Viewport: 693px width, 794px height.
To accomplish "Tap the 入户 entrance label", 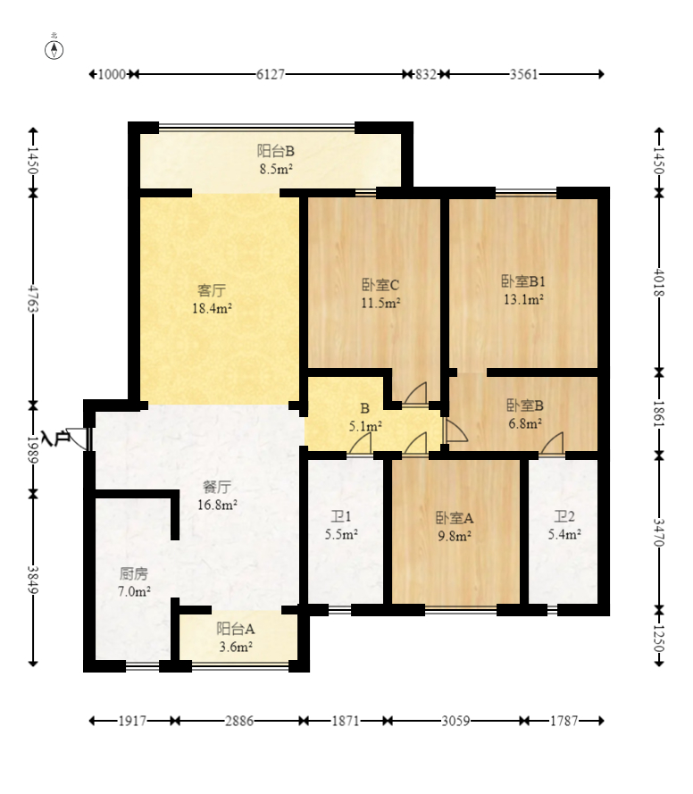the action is tap(55, 439).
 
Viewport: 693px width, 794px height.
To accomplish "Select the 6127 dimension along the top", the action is tap(271, 74).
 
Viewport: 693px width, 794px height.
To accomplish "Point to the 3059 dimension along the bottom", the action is tap(455, 721).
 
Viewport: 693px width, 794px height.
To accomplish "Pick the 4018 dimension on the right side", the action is tap(659, 282).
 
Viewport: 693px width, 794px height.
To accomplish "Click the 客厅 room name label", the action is tap(212, 290).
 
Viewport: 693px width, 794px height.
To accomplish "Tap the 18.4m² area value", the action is tap(213, 308).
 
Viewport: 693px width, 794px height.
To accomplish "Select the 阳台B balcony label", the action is tap(276, 151).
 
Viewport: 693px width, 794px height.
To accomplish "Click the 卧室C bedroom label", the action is tap(380, 285).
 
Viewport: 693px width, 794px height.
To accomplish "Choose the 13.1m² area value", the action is tap(523, 299).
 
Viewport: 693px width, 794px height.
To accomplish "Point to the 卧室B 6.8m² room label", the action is tap(525, 414).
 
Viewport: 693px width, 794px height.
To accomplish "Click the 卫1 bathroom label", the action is tap(340, 517).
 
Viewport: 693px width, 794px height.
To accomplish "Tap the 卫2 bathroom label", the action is tap(564, 516).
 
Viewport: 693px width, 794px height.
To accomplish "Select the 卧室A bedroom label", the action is tap(455, 518).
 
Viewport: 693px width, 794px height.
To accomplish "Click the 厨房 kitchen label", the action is tap(134, 573).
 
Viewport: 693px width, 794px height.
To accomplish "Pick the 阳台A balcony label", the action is tap(236, 629).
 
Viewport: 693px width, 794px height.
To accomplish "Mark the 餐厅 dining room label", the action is tap(217, 487).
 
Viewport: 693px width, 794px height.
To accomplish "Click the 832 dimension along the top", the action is tap(426, 74).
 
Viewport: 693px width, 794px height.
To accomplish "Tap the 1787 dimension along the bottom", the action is tap(564, 721).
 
